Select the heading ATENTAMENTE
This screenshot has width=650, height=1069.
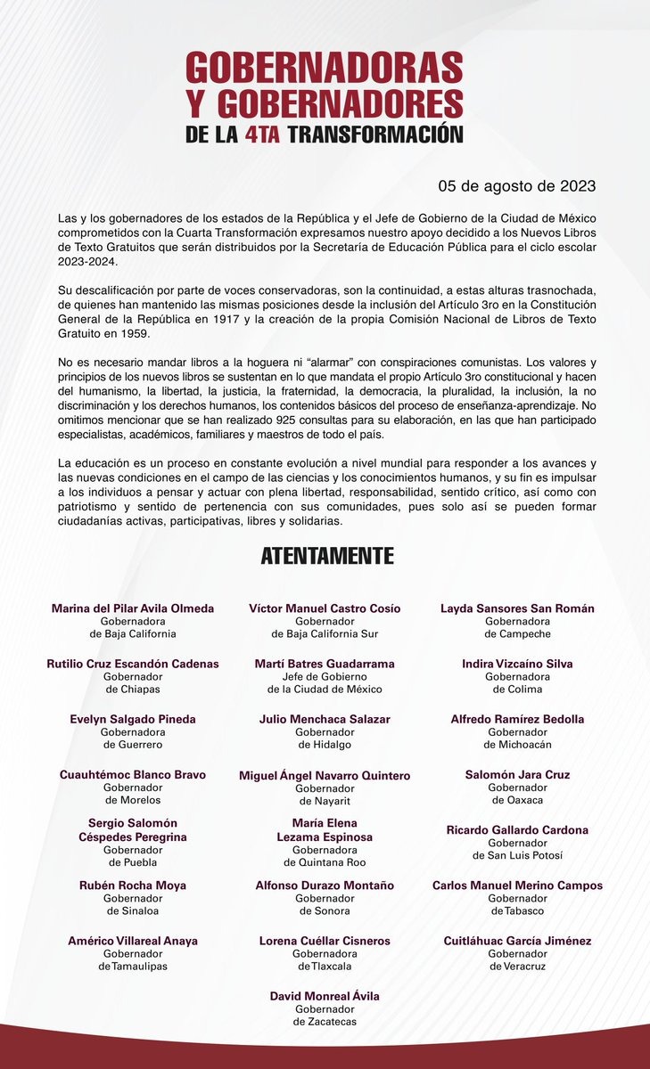tap(326, 556)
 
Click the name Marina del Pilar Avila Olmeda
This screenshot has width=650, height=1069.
tap(133, 608)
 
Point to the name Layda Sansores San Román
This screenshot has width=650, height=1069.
tap(517, 608)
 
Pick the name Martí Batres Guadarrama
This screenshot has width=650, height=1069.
tap(325, 664)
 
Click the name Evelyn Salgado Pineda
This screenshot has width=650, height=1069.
tap(133, 719)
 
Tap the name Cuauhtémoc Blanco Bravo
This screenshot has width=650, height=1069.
tap(133, 775)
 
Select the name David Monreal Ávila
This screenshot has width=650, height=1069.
tap(325, 996)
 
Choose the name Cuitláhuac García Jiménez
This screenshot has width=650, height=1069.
tap(517, 941)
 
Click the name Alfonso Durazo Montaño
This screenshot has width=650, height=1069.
tap(325, 885)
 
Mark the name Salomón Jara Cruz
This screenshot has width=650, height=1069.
tap(517, 775)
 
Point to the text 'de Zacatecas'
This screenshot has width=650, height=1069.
tap(325, 1022)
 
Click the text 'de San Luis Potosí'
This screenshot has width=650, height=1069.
tap(517, 856)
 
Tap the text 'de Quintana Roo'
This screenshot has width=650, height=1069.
tap(325, 862)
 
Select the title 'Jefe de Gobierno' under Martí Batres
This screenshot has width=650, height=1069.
tap(325, 677)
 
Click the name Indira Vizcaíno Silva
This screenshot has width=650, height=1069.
tap(517, 664)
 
